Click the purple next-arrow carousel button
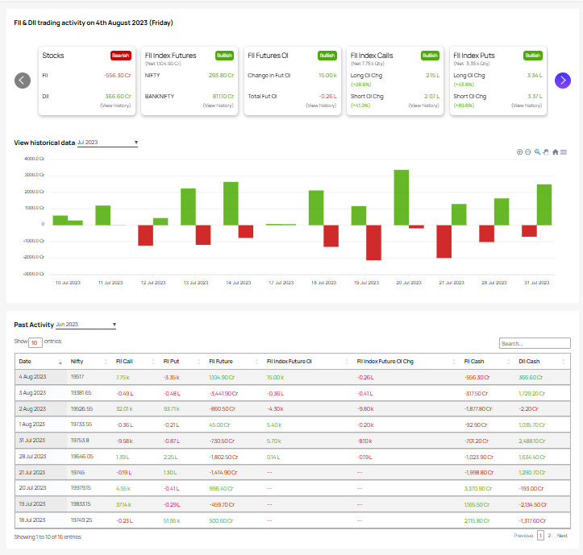click(x=563, y=80)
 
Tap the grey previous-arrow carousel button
click(x=23, y=80)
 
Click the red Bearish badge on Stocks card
click(x=121, y=56)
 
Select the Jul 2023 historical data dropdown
click(x=107, y=143)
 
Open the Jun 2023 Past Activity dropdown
click(x=85, y=325)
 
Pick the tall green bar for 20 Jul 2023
click(x=401, y=197)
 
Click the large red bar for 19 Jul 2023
click(x=373, y=242)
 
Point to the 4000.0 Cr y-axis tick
click(x=33, y=159)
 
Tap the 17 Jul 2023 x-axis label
click(x=281, y=283)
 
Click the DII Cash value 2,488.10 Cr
click(x=532, y=440)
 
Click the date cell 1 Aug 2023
click(x=31, y=424)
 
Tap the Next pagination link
click(x=562, y=536)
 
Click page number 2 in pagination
click(x=550, y=536)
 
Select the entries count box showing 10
click(x=35, y=342)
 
